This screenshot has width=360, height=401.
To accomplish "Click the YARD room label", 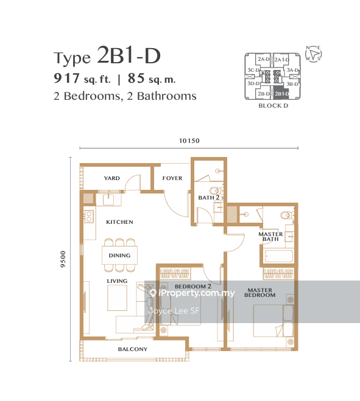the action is [111, 178].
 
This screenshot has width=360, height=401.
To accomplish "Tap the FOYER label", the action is [172, 178].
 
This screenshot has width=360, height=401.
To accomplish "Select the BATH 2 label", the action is [209, 197].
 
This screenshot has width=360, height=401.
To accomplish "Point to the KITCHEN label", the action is [119, 222].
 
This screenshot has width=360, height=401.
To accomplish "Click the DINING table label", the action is [119, 256].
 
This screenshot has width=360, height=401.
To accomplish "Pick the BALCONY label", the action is [133, 349].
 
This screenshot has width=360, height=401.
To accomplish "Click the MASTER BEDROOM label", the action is [260, 293].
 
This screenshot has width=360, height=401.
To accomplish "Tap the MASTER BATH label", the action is [270, 237].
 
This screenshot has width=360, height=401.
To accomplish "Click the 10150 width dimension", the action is [189, 141].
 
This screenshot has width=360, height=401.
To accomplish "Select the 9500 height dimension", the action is [63, 259].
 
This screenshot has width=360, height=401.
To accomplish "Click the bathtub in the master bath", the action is [279, 256].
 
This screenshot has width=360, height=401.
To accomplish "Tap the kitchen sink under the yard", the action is [108, 200].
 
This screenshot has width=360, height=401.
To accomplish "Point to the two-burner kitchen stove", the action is [89, 216].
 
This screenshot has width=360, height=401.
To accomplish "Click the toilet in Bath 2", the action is [214, 191].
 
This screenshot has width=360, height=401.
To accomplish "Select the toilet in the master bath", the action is [286, 215].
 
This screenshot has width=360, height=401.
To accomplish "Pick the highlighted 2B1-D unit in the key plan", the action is [281, 94].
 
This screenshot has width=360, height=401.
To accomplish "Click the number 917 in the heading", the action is [66, 78].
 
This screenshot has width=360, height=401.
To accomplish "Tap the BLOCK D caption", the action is [274, 106].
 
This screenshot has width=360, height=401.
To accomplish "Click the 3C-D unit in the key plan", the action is [253, 70].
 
